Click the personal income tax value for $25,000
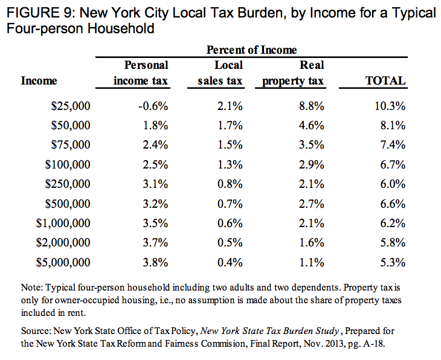(152, 106)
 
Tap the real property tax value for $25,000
(312, 106)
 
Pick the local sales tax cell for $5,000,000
(230, 262)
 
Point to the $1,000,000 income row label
(63, 223)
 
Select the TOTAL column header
(385, 80)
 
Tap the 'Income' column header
(39, 80)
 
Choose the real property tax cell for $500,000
(312, 204)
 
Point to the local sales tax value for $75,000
(230, 146)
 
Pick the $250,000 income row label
(68, 184)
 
